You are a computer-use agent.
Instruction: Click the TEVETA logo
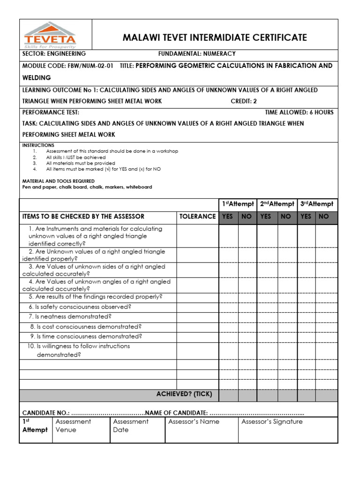click(50, 35)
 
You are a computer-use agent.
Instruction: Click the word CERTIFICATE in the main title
click(280, 37)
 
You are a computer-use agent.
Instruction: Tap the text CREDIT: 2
click(244, 101)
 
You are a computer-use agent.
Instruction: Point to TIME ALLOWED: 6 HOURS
click(299, 112)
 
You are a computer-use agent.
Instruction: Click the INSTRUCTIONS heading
click(38, 145)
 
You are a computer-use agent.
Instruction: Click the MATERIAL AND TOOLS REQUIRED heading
click(59, 181)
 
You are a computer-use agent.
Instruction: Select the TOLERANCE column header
click(197, 217)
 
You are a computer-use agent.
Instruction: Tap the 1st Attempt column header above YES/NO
click(238, 204)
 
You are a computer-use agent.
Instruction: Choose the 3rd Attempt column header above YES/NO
click(317, 204)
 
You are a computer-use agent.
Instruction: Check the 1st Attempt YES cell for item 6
click(228, 307)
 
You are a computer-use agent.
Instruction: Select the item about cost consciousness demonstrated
click(86, 326)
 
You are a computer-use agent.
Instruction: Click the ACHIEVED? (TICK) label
click(184, 394)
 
